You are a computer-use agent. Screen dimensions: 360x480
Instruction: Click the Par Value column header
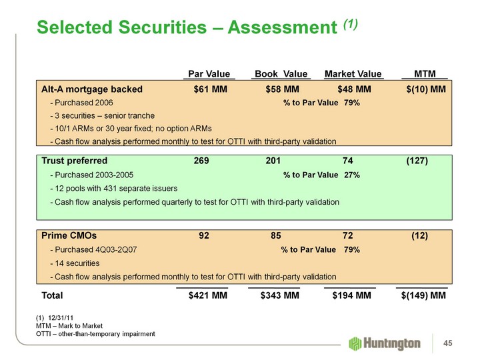[209, 73]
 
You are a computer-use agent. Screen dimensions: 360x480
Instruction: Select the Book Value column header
[280, 73]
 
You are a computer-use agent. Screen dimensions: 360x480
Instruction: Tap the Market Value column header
[353, 73]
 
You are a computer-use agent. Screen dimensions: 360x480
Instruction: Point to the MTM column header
[425, 73]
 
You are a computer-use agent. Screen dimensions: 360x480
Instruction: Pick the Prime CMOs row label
[69, 235]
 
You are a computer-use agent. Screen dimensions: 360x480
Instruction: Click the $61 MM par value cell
[210, 89]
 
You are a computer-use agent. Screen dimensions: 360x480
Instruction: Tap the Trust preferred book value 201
[273, 161]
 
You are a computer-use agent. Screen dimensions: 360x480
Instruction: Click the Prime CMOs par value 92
[205, 235]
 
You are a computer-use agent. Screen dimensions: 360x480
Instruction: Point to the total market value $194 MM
[351, 295]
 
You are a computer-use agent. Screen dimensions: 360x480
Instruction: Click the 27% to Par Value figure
[352, 175]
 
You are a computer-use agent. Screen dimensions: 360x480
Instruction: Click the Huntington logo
[385, 343]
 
